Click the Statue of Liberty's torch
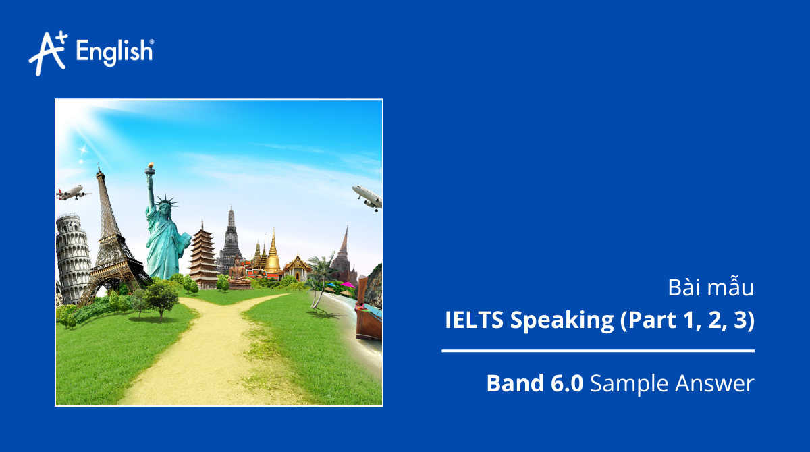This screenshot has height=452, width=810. (149, 169)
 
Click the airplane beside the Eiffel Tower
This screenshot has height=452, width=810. (73, 193)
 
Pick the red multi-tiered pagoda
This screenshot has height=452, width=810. (202, 254)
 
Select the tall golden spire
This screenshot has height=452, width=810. (273, 253)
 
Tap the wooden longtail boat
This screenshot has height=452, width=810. (367, 314)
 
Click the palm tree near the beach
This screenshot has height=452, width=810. (321, 270)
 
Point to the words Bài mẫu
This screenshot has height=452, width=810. (711, 289)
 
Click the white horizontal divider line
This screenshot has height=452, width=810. (598, 351)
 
